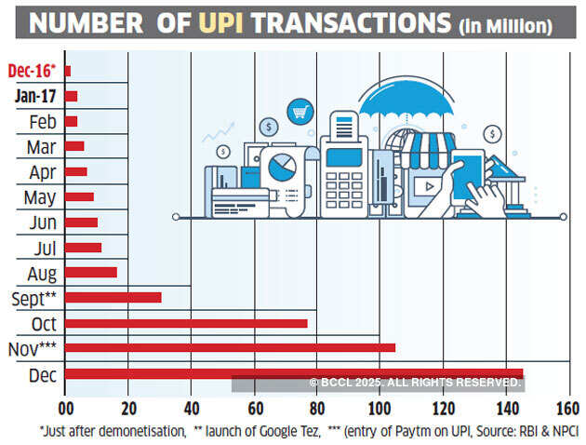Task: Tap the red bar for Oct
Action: click(x=186, y=323)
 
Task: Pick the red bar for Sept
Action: click(x=113, y=298)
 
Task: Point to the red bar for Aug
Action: click(x=90, y=273)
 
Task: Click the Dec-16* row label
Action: click(x=31, y=71)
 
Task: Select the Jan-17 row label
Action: click(x=33, y=96)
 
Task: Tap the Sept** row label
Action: click(x=33, y=298)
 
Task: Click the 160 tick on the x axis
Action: click(x=566, y=409)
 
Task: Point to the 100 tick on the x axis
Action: click(x=379, y=409)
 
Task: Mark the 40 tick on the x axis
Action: click(x=191, y=409)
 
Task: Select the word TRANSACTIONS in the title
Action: click(x=352, y=23)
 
